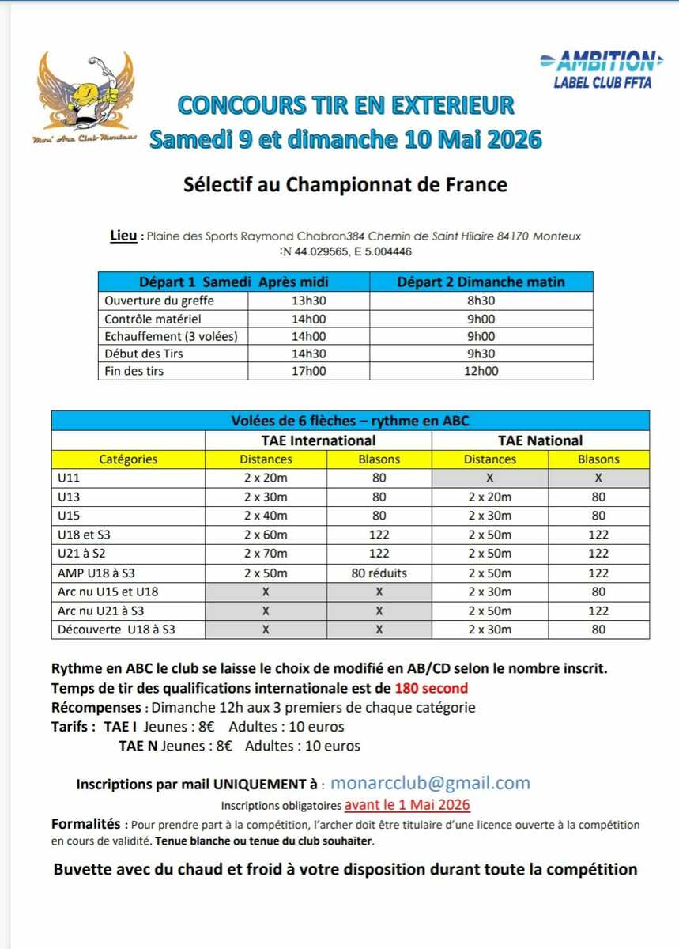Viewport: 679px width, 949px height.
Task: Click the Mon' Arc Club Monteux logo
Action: point(85,97)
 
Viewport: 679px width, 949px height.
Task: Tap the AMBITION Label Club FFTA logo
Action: point(598,69)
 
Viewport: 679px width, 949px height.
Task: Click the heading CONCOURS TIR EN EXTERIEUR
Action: point(345,104)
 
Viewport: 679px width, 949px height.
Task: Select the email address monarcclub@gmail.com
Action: point(430,783)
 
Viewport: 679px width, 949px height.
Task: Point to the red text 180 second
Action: point(432,688)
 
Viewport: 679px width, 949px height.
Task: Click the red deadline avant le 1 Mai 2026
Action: point(407,805)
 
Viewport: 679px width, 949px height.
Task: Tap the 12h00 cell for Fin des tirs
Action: point(481,370)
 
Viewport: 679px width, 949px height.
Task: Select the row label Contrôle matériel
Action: point(153,319)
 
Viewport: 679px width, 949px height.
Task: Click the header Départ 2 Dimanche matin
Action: point(481,282)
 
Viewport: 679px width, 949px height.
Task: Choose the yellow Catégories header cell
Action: point(128,459)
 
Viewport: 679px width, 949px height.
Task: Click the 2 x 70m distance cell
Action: point(266,554)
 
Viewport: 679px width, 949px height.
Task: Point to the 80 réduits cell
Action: point(379,573)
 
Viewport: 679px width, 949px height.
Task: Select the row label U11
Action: point(70,478)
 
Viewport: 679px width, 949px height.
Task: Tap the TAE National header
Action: point(540,440)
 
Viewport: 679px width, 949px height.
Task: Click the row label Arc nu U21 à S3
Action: point(101,611)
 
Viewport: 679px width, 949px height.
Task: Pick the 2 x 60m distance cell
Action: point(266,535)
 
